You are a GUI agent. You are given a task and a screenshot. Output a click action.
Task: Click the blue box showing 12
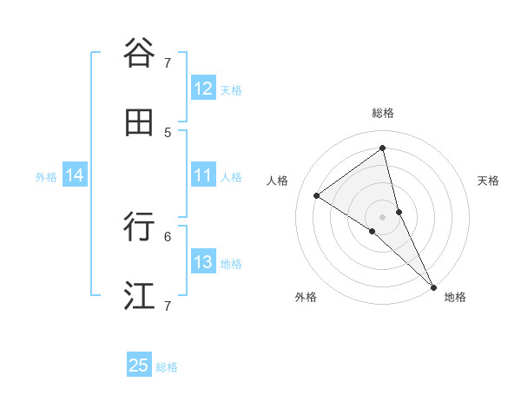click(203, 89)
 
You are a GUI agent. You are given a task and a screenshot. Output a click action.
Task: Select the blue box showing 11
click(203, 176)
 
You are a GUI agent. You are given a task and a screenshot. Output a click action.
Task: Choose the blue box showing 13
click(203, 263)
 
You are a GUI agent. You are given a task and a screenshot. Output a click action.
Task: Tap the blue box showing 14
click(75, 176)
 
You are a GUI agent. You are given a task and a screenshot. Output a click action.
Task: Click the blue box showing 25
click(139, 365)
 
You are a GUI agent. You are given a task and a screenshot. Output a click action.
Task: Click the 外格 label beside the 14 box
click(46, 177)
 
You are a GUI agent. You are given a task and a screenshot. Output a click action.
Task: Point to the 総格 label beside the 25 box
click(167, 367)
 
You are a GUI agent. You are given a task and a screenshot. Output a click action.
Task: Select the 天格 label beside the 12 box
click(231, 89)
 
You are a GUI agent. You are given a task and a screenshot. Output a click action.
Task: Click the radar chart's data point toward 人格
click(317, 195)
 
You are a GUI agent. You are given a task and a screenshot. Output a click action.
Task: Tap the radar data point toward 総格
click(383, 148)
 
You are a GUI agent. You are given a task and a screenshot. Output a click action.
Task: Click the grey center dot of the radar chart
click(383, 215)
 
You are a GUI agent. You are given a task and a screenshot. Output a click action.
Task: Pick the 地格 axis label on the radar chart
click(455, 297)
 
